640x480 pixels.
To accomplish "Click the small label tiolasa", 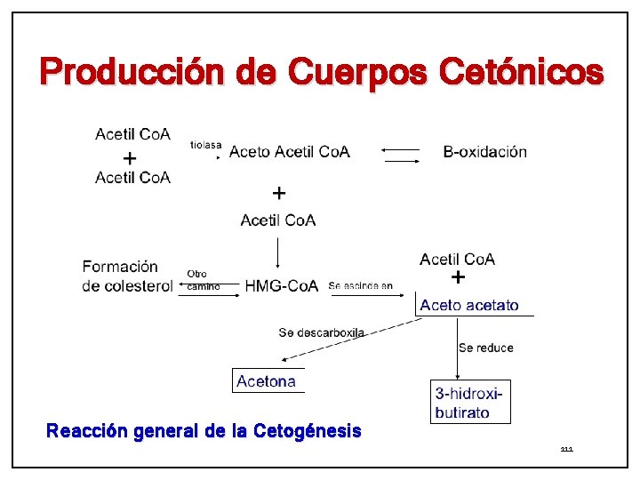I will pos(205,144).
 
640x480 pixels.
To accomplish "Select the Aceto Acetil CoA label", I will pos(290,152).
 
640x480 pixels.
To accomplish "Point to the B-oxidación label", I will pos(484,152).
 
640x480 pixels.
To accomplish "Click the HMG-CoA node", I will pos(281,286).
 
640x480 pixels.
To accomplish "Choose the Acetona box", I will pos(267,381).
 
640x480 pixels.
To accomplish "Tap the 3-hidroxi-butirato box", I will pos(470,402).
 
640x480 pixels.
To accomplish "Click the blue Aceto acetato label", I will pos(469,306).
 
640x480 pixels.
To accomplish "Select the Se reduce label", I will pos(485,348).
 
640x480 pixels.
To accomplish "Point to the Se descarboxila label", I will pos(321,332).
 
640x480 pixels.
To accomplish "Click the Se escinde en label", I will pos(360,286).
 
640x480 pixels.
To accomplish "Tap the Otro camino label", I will pos(202,280).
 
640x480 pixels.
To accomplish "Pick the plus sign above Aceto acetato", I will pos(458,278).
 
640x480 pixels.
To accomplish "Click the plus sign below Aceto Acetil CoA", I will pos(278,193).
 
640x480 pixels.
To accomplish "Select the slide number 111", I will pos(566,450).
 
